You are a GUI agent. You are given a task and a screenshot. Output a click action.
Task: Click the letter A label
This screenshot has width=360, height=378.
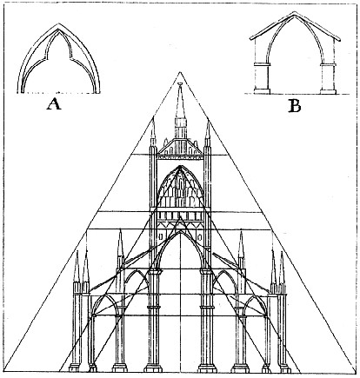click(x=54, y=103)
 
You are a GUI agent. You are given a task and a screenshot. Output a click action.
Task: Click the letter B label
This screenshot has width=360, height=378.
click(x=295, y=106)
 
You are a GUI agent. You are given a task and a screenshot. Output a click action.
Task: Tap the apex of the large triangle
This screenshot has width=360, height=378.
click(x=180, y=71)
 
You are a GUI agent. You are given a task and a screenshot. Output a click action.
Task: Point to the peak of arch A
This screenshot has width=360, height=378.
click(x=58, y=23)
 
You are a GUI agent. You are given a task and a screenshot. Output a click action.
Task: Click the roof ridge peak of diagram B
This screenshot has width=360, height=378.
click(x=295, y=12)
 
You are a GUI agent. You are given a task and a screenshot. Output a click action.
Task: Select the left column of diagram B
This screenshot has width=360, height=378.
click(x=262, y=77)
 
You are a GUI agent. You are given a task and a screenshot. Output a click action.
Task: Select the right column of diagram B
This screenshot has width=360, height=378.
click(x=328, y=77)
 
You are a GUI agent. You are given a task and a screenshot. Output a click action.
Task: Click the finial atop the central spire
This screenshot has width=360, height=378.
click(x=180, y=84)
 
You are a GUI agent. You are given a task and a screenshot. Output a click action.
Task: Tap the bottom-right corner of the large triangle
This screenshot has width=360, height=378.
click(x=356, y=372)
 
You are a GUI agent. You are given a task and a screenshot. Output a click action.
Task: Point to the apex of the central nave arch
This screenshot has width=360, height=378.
click(x=180, y=231)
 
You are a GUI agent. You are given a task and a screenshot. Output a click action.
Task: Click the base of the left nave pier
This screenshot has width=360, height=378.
click(x=153, y=368)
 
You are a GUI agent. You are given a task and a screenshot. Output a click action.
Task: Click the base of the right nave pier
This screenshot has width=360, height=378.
click(x=207, y=368)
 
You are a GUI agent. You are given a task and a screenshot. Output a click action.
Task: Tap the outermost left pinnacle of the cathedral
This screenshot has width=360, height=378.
click(x=77, y=267)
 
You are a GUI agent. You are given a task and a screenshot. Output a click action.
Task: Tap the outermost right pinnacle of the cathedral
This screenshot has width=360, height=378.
click(x=282, y=267)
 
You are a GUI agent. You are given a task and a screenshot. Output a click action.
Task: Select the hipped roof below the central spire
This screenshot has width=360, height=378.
click(x=180, y=147)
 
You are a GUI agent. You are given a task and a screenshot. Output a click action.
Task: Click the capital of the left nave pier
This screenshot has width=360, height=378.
click(x=153, y=272)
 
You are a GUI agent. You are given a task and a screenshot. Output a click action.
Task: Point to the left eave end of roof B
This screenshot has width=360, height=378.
click(x=251, y=37)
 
